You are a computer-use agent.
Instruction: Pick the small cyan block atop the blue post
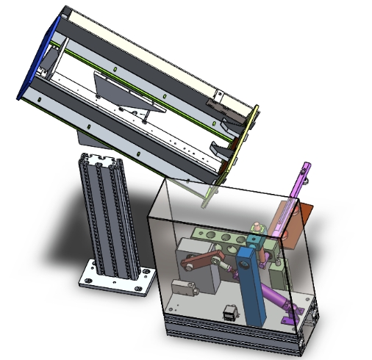tap(254, 240)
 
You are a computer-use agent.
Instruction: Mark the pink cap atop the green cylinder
tap(255, 227)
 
